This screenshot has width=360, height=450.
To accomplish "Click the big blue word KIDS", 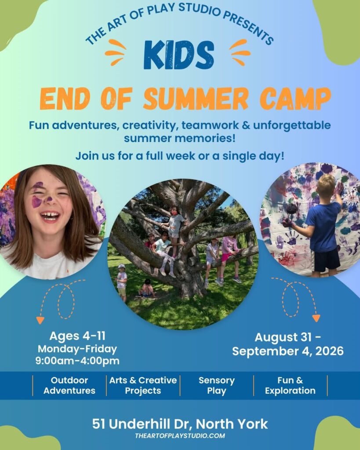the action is tap(179, 54).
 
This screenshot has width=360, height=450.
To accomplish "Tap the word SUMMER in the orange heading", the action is tap(196, 98).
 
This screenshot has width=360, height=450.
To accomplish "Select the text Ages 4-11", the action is tap(77, 336).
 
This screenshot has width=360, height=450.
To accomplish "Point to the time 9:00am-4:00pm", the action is tap(77, 361).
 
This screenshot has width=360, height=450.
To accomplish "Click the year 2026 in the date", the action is tap(329, 351).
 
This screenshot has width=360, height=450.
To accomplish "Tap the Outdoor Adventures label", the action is tap(69, 385).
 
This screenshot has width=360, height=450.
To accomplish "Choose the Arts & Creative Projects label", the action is tap(143, 385).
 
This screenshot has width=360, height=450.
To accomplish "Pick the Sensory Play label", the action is tap(217, 385).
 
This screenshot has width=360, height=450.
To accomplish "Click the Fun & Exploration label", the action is tap(290, 385).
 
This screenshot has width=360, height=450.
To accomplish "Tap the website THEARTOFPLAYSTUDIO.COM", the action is tap(180, 435).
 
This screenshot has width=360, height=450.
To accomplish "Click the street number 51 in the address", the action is tap(99, 424).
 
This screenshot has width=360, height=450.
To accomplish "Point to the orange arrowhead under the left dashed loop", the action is tap(40, 320).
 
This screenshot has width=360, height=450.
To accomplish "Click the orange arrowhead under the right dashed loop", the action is tap(316, 318).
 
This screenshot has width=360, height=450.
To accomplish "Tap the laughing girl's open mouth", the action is tap(50, 216).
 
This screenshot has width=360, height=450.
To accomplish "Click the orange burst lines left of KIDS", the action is tap(116, 52).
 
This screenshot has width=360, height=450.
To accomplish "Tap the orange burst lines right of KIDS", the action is tap(240, 52).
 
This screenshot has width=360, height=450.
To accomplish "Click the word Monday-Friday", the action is tap(77, 348).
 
